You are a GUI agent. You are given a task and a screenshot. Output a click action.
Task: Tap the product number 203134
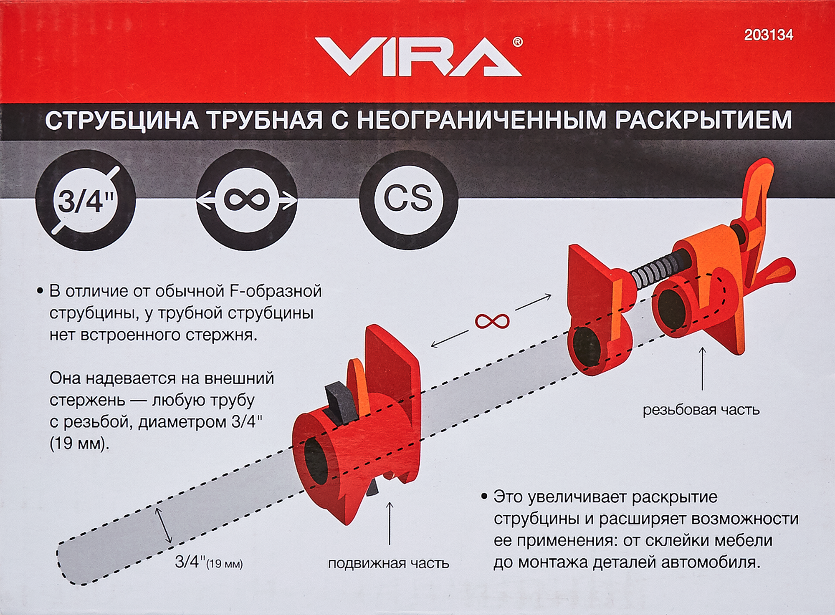click(x=768, y=35)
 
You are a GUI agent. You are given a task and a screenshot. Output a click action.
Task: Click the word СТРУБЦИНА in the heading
click(x=121, y=121)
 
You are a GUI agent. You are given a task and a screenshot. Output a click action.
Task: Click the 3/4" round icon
click(x=86, y=201)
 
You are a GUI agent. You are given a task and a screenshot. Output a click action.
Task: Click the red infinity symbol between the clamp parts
click(x=492, y=321)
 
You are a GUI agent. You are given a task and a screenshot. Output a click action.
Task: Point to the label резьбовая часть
click(x=701, y=410)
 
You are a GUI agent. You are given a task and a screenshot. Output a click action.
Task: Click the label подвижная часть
click(x=388, y=563)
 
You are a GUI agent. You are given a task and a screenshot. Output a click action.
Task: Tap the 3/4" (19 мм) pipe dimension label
click(x=208, y=562)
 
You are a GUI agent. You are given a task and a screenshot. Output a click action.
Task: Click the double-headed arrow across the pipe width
click(x=164, y=525)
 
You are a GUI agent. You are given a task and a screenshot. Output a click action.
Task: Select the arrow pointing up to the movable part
click(x=390, y=523)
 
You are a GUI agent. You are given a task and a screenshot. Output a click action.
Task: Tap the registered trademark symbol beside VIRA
click(x=517, y=42)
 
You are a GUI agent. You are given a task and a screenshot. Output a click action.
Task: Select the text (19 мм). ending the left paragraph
click(x=79, y=444)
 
